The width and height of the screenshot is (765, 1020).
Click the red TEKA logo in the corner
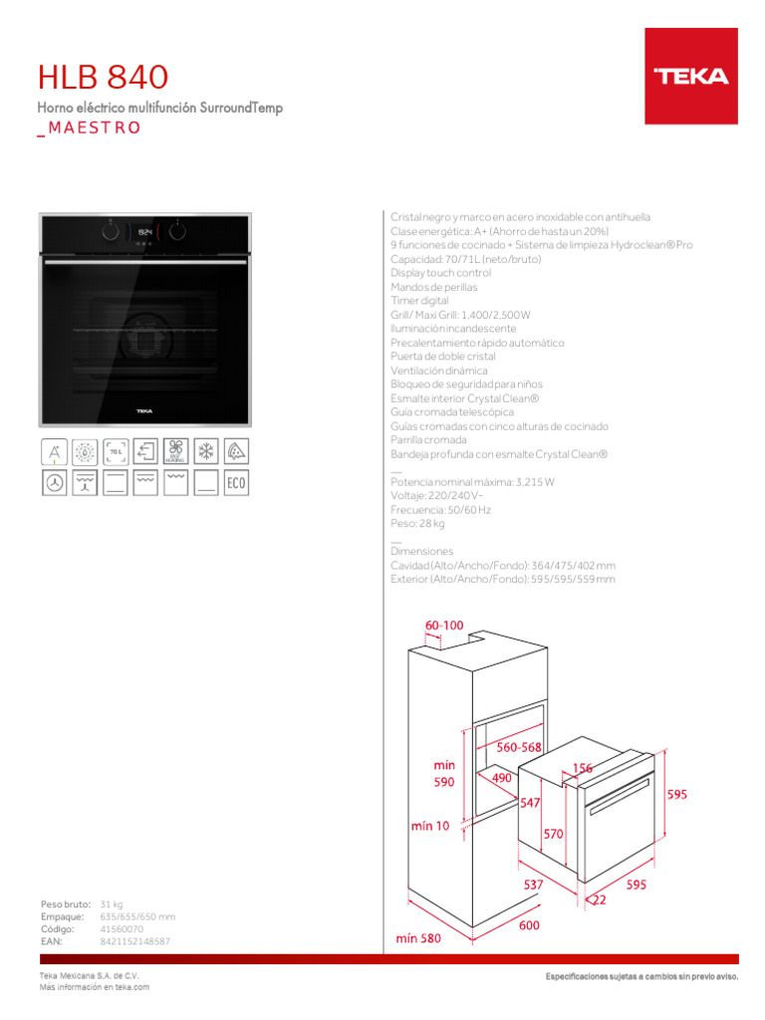690,76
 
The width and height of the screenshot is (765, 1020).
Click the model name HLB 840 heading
103,77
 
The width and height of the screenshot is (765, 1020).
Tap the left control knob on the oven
110,232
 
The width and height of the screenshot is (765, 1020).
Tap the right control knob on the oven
177,232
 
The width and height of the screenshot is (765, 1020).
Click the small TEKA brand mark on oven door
143,408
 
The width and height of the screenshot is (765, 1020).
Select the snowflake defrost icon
206,451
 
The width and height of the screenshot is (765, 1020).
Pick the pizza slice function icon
236,451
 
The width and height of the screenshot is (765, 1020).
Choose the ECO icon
236,484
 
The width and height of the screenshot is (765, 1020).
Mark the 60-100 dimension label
444,625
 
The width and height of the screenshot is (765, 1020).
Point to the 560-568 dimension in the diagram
519,747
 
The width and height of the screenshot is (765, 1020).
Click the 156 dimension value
583,768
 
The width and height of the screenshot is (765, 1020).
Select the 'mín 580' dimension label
418,938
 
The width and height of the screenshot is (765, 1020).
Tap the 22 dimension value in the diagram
599,900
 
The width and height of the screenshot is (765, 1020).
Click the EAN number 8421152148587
135,941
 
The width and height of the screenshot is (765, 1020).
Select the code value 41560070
122,928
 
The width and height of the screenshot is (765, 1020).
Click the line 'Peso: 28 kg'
417,523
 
